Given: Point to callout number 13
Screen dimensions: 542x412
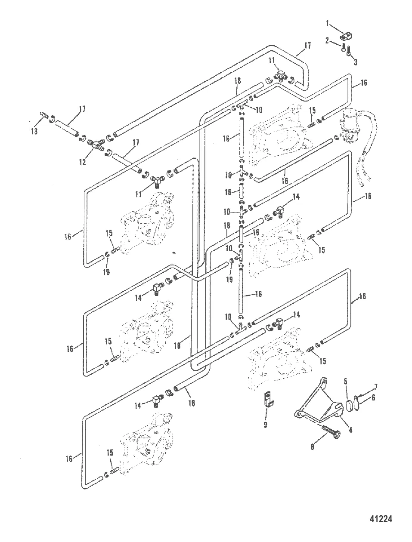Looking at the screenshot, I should pos(35,131).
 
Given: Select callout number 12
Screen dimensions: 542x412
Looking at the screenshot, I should pos(82,162).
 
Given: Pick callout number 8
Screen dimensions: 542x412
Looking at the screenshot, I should pos(330,447).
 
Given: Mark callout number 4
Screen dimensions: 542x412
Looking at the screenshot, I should pos(350,429).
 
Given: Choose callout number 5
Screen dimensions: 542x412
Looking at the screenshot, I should pos(346,380).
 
